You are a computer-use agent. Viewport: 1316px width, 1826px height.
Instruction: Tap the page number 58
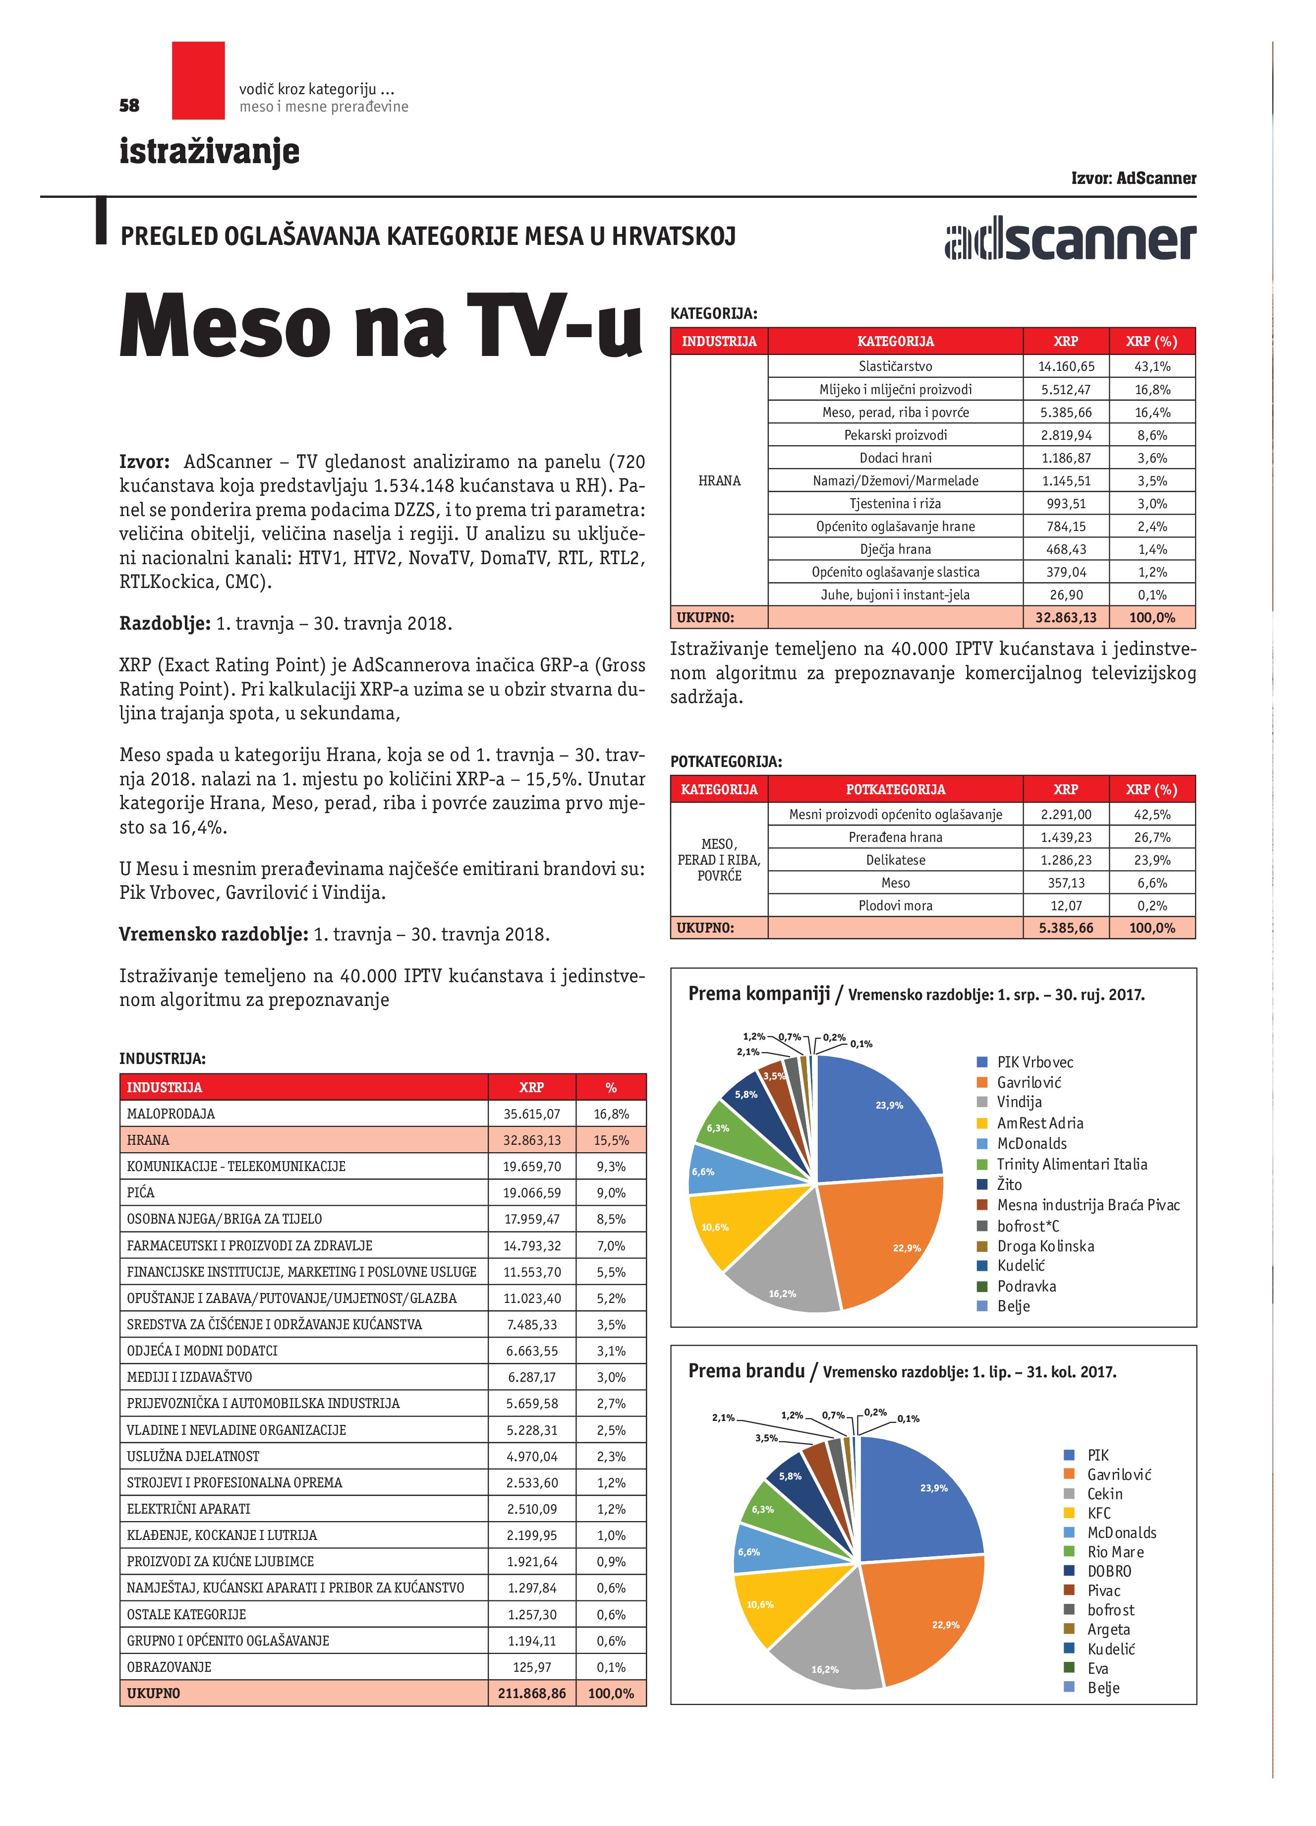click(x=129, y=106)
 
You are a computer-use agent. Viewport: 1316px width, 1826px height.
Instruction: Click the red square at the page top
click(x=198, y=80)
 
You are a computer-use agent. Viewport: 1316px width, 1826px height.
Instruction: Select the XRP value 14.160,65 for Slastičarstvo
click(x=1066, y=366)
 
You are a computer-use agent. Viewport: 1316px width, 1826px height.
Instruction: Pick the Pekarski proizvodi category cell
click(x=895, y=435)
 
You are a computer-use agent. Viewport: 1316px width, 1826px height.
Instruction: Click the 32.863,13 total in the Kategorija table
click(x=1066, y=618)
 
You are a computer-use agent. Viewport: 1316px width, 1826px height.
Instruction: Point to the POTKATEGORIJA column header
click(x=895, y=789)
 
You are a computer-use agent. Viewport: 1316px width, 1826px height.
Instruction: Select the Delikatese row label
click(x=895, y=860)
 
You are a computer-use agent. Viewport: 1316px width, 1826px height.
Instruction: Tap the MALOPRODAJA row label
click(x=171, y=1114)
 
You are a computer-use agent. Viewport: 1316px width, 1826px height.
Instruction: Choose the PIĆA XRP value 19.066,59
click(x=531, y=1192)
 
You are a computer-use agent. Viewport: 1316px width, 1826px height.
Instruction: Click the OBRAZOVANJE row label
click(x=169, y=1666)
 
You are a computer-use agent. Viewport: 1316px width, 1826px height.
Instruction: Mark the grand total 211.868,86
click(x=531, y=1693)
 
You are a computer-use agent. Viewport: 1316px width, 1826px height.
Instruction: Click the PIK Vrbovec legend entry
click(x=1034, y=1062)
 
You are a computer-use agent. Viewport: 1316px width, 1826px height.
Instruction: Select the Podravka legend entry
click(x=1026, y=1286)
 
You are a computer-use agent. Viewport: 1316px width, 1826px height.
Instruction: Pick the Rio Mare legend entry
click(x=1115, y=1551)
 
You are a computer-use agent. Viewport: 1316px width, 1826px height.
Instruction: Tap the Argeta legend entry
click(x=1108, y=1629)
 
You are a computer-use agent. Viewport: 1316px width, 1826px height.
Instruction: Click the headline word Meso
click(x=226, y=326)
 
